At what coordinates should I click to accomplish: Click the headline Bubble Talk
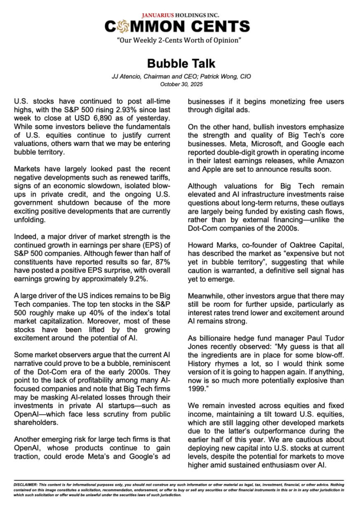click(181, 64)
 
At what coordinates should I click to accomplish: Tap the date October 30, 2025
click(181, 84)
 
